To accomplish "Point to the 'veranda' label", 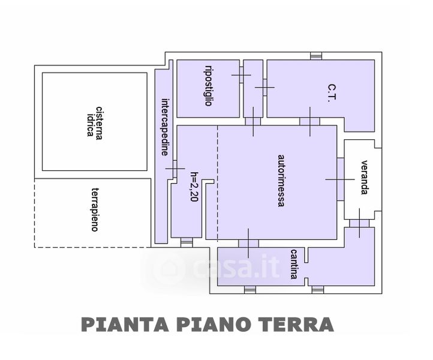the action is (x=364, y=178).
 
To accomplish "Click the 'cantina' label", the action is (x=294, y=264).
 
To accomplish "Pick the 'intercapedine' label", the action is (x=164, y=127).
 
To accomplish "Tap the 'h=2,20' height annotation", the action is (x=194, y=187).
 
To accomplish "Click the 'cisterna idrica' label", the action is (x=95, y=121).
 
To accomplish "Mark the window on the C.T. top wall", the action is (x=316, y=56).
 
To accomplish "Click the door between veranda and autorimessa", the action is (x=341, y=179).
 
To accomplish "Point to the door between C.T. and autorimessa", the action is (x=309, y=122).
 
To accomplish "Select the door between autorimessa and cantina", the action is (x=248, y=243).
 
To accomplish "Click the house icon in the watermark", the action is (x=169, y=268).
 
